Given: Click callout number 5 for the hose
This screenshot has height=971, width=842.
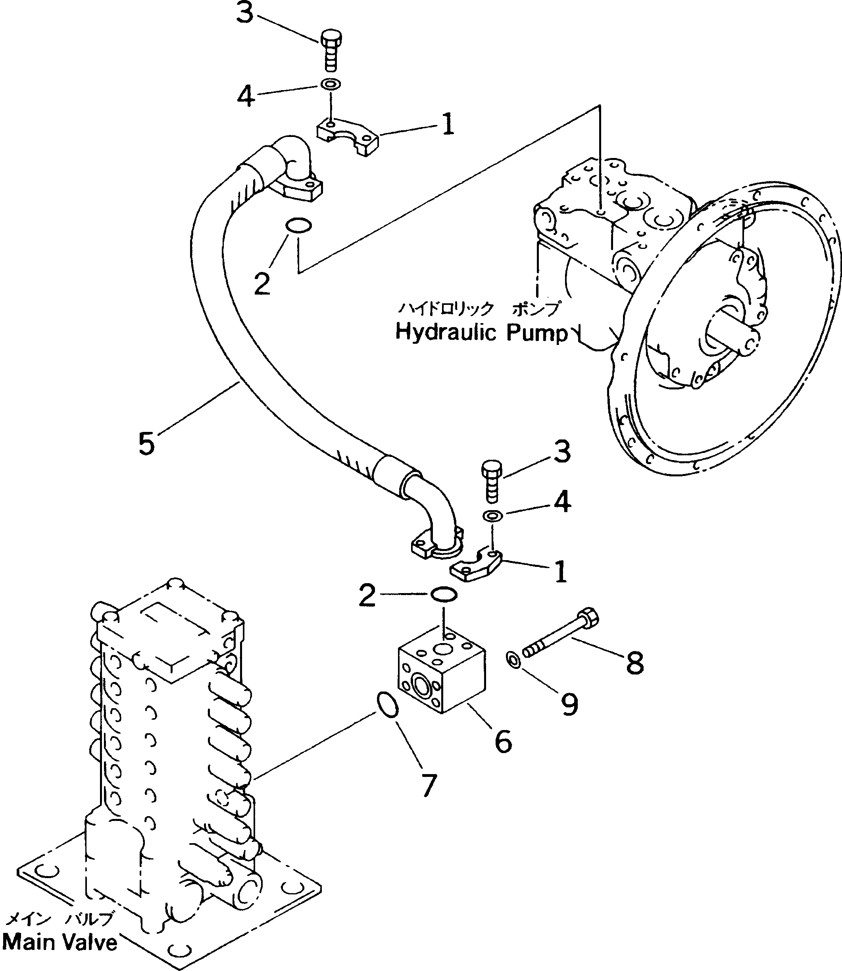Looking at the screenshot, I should [146, 443].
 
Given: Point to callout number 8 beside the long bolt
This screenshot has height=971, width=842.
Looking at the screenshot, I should [634, 663].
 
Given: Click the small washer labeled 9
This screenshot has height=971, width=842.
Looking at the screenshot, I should [513, 659].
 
